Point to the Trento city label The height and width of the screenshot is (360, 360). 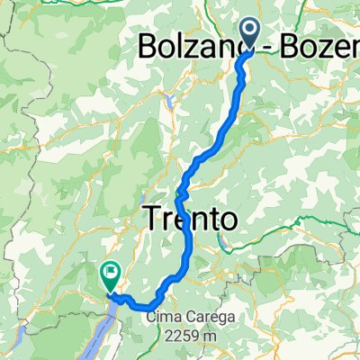(190, 218)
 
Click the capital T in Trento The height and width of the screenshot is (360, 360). (151, 218)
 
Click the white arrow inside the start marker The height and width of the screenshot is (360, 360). (249, 32)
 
